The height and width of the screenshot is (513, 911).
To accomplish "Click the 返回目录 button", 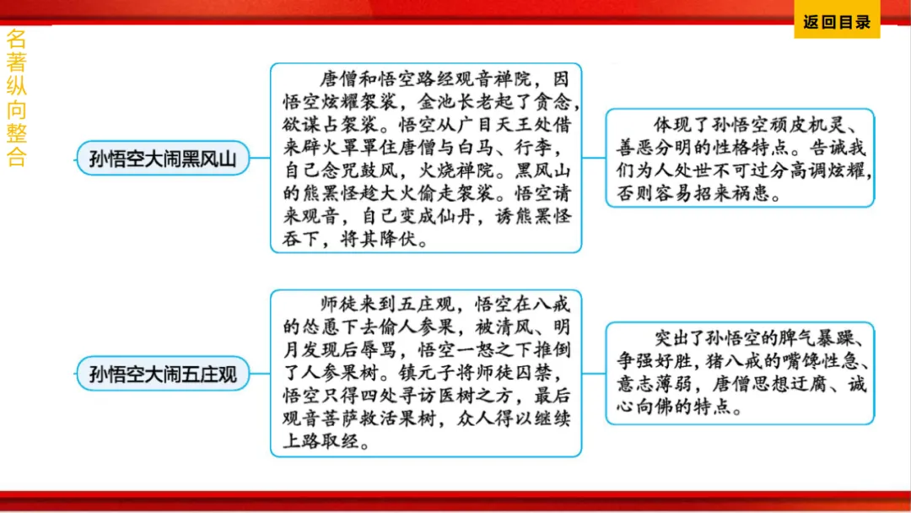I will pos(836,23).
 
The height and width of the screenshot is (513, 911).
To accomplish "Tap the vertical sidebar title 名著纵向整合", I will pos(16,98).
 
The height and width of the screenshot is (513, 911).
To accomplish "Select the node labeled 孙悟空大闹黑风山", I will pos(163,158).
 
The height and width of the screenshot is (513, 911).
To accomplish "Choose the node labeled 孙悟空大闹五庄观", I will pos(163,373).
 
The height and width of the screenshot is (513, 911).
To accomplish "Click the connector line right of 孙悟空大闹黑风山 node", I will pos(260,158).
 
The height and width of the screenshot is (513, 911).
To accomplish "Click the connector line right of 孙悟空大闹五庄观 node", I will pos(260,373).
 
